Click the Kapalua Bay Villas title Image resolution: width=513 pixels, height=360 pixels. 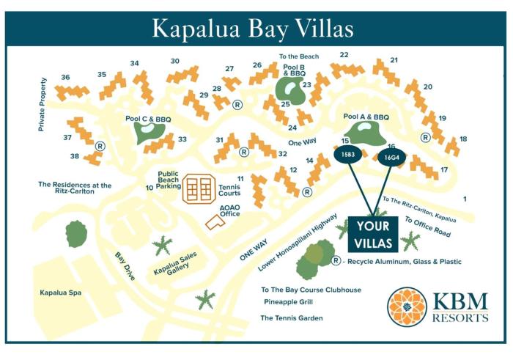[253, 28]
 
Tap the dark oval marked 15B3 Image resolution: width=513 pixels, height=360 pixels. [348, 155]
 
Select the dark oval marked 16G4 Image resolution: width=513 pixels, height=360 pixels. [391, 156]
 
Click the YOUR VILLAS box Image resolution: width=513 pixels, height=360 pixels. [373, 235]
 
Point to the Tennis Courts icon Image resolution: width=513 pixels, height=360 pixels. [197, 189]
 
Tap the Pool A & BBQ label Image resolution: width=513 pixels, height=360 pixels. [366, 117]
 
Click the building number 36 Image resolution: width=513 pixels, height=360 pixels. [65, 77]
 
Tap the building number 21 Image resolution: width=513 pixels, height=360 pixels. [394, 60]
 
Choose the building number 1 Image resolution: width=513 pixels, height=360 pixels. [465, 199]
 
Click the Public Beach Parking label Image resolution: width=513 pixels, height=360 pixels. [169, 180]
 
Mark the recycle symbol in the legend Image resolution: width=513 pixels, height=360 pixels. [336, 261]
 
